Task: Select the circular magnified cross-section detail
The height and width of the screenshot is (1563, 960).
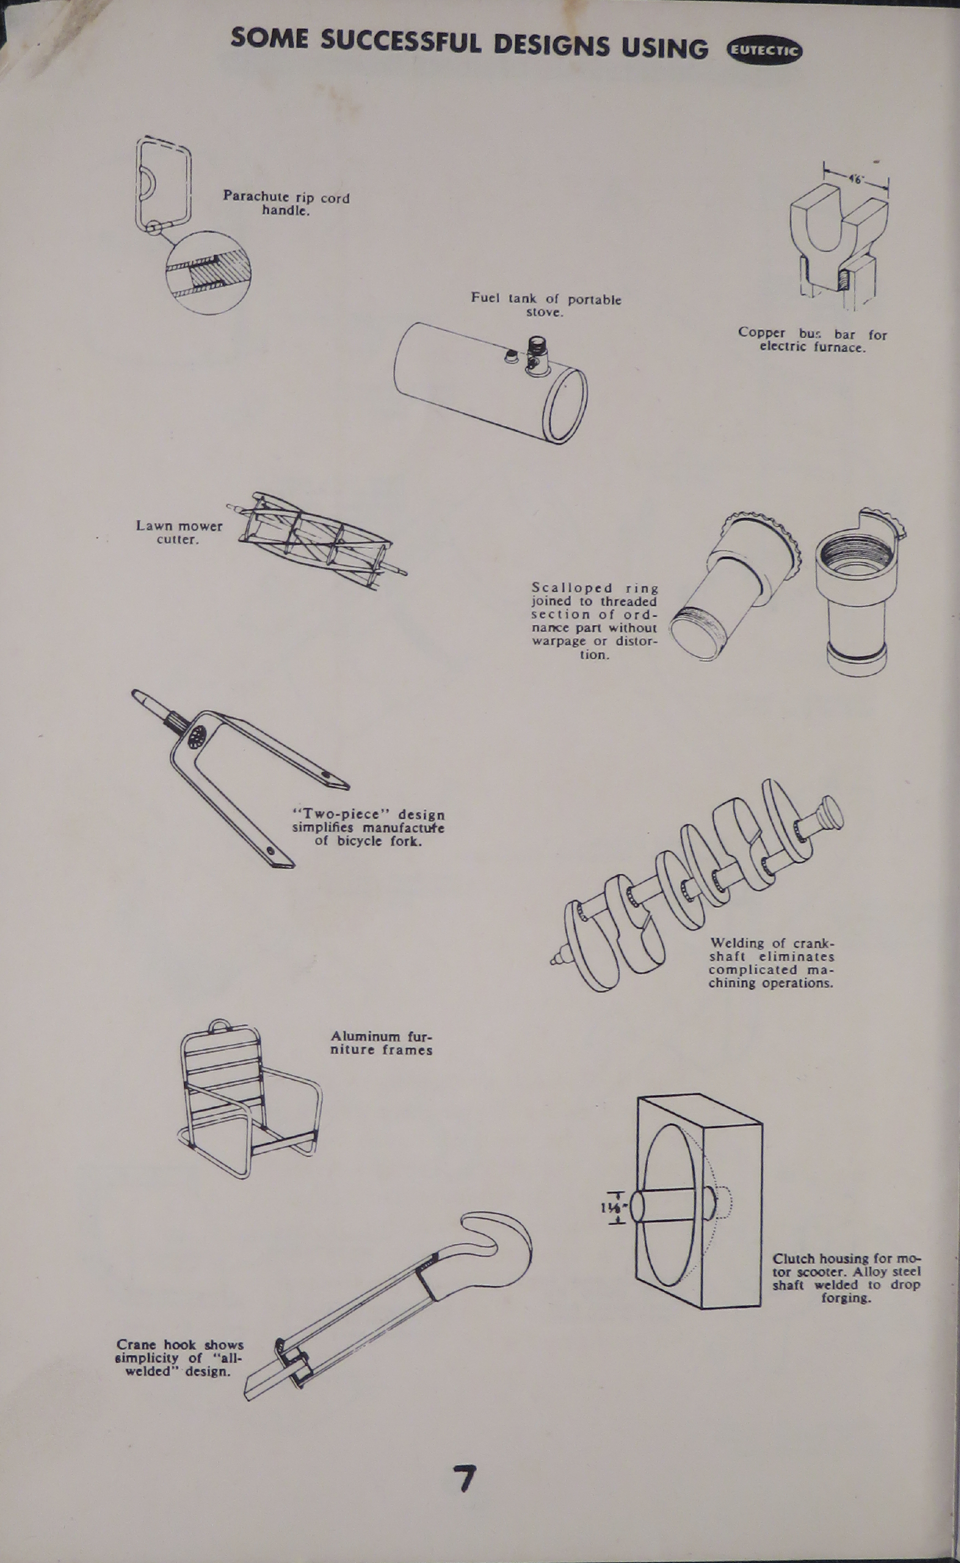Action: (x=208, y=272)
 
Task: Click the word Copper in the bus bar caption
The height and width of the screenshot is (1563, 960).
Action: (x=761, y=333)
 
